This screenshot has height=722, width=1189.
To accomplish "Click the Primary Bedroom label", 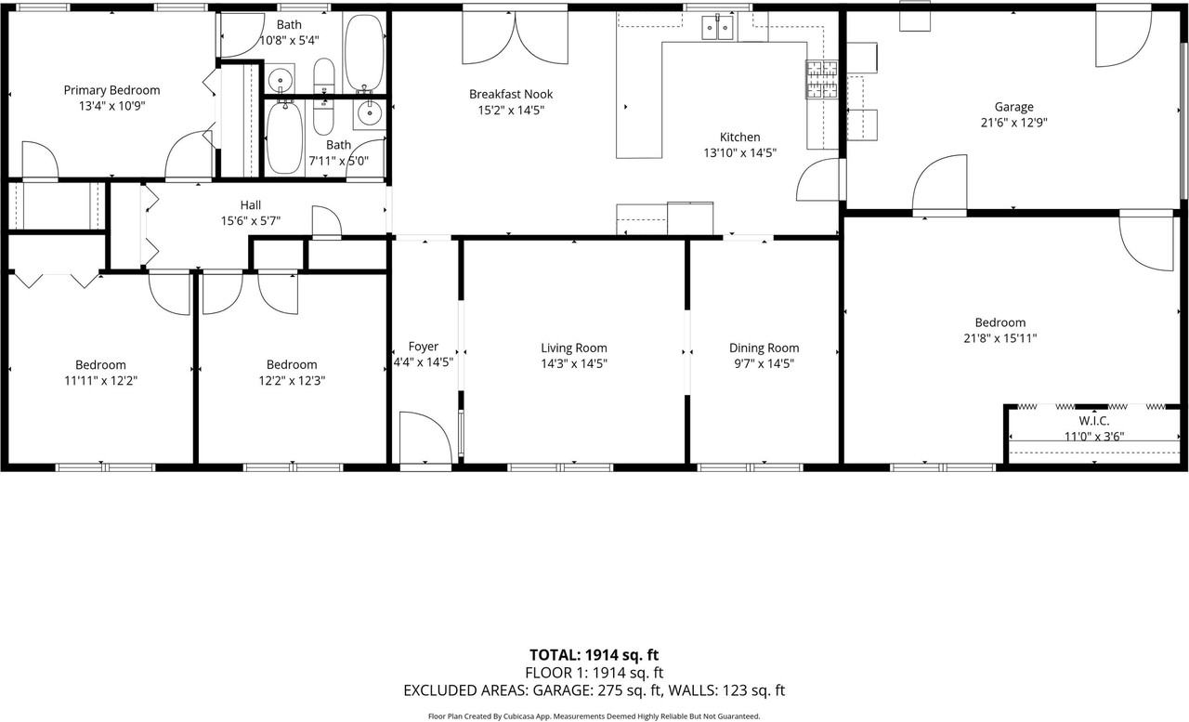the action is tap(111, 90).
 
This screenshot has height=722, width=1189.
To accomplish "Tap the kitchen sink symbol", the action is tap(717, 28).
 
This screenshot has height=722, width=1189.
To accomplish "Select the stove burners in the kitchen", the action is tap(821, 79).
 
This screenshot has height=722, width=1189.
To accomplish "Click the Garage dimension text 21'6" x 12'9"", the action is tap(1013, 122).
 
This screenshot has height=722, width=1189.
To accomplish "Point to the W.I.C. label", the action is tap(1094, 421).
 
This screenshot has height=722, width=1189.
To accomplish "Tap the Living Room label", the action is tap(574, 348).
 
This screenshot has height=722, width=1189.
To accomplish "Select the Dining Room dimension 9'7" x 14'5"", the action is tap(764, 363).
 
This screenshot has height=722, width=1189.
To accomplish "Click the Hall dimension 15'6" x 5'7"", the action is tap(251, 220).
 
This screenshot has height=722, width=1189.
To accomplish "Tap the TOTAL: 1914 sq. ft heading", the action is tap(594, 654).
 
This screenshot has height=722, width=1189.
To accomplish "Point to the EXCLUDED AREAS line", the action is tap(594, 690).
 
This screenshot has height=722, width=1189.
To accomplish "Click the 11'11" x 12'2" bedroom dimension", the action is tap(100, 380).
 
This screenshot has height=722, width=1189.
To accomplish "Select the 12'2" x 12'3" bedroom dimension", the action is tap(292, 380).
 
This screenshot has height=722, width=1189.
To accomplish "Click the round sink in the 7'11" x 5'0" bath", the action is tap(369, 113).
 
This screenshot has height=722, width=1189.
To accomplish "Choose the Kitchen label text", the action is tap(739, 138).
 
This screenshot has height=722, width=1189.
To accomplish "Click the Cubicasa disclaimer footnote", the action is tap(594, 715).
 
